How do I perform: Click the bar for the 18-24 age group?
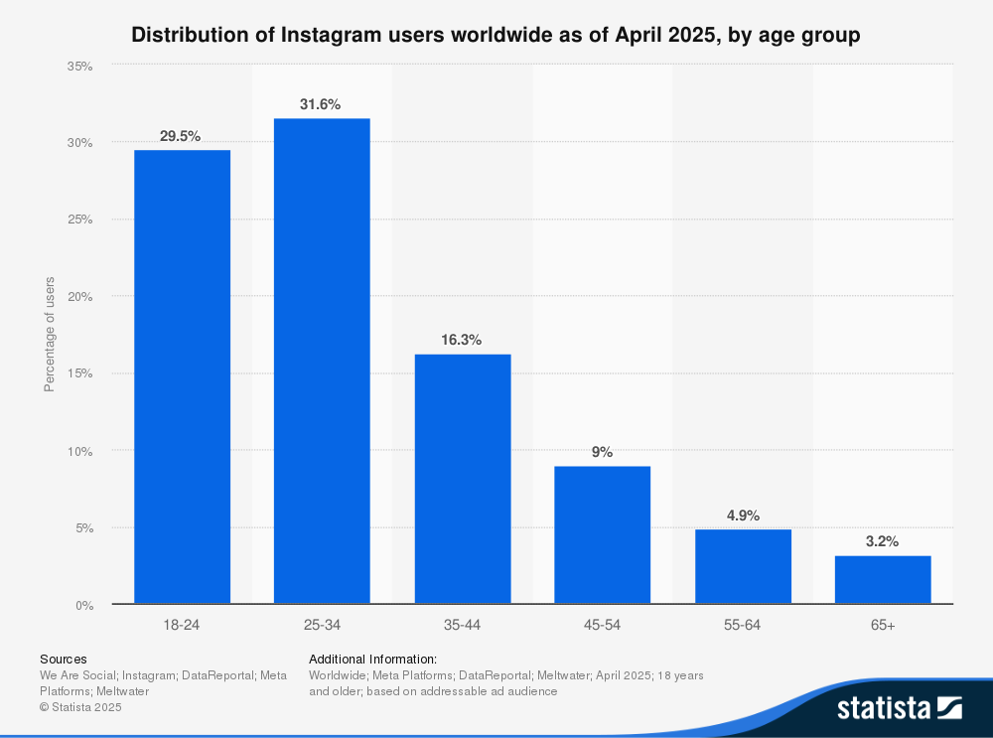182,376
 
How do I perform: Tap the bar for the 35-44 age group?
462,479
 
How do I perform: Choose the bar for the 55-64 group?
743,566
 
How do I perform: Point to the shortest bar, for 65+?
883,579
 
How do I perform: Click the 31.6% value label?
322,104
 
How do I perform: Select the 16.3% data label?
462,340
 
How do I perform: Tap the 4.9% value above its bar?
743,515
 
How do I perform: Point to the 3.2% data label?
883,541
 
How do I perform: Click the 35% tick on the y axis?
80,66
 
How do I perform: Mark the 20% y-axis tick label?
80,297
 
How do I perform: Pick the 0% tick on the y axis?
84,605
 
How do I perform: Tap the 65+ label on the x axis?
883,627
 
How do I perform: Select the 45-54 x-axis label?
603,627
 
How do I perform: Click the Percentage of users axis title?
50,335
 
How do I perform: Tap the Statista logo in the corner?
899,707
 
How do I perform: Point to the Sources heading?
64,659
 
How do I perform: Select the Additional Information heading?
373,659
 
